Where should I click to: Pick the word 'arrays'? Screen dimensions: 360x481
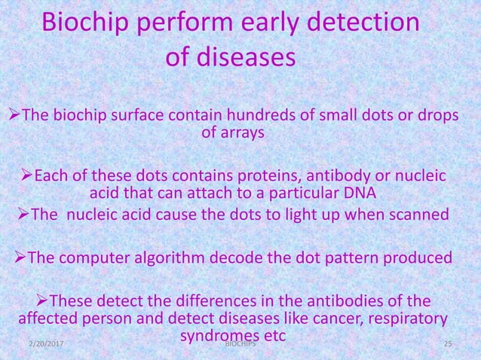coord(242,134)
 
